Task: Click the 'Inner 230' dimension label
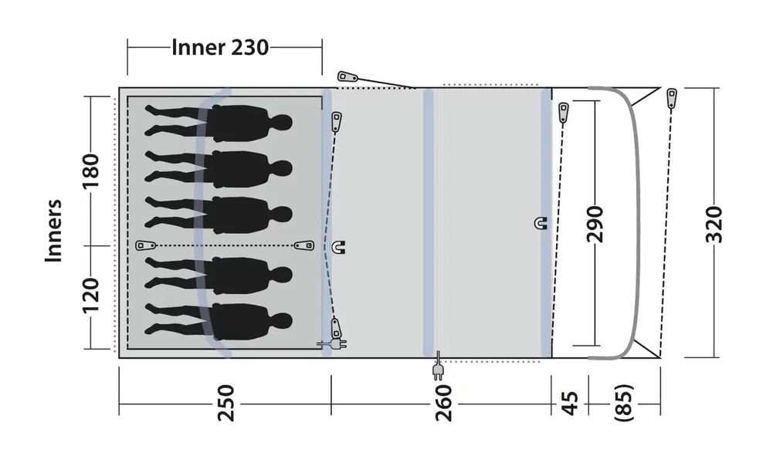(x=220, y=48)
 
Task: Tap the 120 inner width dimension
(x=91, y=295)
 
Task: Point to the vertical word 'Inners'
(x=53, y=231)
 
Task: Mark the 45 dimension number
(x=569, y=402)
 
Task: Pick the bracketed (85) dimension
(x=624, y=402)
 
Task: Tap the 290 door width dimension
(x=595, y=224)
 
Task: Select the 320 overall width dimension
(x=714, y=224)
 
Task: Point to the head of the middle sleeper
(x=282, y=214)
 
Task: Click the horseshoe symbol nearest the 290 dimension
(x=540, y=224)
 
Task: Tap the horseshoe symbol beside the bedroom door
(x=340, y=247)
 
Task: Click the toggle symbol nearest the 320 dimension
(x=672, y=98)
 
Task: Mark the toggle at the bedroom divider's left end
(x=144, y=245)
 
